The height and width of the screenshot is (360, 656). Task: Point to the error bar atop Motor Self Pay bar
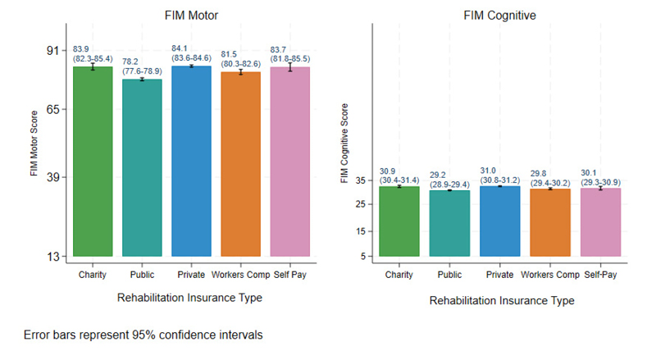point(289,66)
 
